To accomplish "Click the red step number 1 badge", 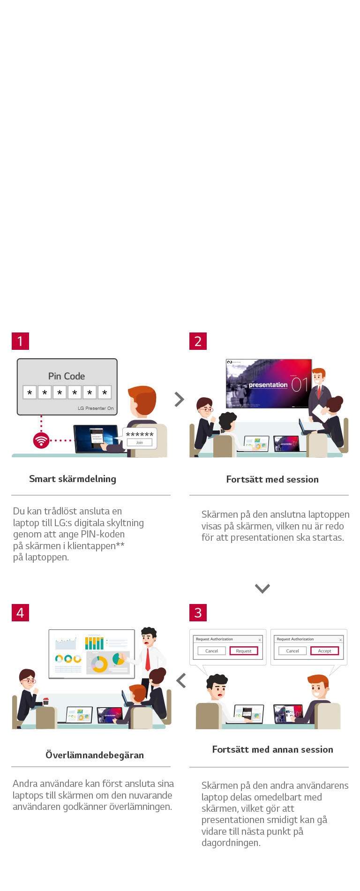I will [20, 341].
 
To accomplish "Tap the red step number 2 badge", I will [198, 341].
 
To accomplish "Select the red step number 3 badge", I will [198, 612].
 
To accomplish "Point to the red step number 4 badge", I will [20, 612].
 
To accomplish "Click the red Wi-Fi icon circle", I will [41, 440].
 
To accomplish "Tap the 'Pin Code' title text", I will [67, 376].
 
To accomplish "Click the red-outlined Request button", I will [244, 651].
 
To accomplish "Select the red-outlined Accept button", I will [324, 651].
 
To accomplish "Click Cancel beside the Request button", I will [212, 651].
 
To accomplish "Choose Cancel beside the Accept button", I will [292, 651].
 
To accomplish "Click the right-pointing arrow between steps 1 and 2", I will [179, 399].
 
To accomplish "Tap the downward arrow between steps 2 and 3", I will [262, 588].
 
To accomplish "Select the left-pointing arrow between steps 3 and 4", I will [181, 680].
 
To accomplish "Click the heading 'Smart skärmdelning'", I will [73, 479].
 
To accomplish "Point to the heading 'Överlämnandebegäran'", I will [95, 755].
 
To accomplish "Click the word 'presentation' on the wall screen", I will [268, 385].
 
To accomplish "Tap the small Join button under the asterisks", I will [140, 442].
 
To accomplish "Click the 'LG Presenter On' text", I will [96, 408].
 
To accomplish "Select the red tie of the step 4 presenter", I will [148, 659].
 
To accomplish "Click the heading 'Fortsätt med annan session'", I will [272, 749].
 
